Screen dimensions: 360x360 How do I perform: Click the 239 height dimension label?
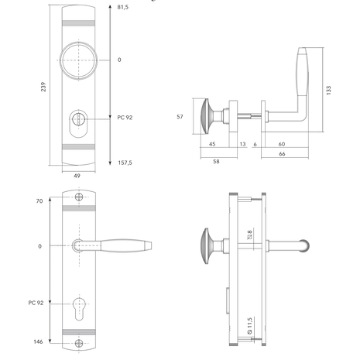pos(43,87)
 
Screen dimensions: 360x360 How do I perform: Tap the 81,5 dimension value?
pos(123,7)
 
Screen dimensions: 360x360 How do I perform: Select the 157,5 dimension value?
pos(125,163)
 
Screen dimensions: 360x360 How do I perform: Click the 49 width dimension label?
pos(77,176)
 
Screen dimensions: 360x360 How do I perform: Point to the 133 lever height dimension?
pos(328,91)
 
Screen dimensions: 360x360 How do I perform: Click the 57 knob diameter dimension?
pos(180,117)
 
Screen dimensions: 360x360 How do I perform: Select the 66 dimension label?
pos(282,154)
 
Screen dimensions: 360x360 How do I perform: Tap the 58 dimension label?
pos(216,161)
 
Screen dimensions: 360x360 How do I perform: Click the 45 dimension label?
pos(212,144)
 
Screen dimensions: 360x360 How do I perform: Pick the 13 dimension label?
pos(242,144)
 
